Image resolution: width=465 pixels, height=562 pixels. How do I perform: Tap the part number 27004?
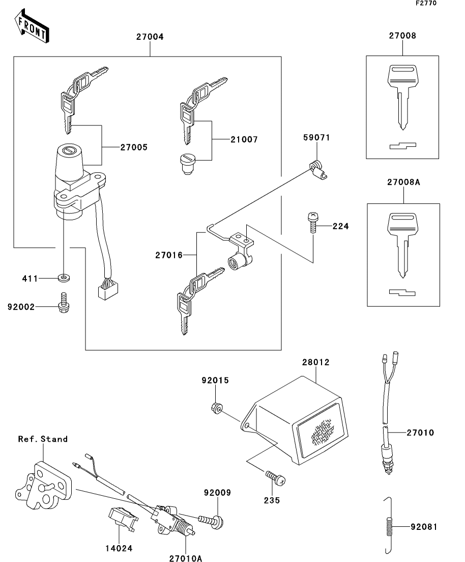pos(150,37)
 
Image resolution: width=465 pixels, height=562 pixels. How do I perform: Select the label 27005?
pos(134,147)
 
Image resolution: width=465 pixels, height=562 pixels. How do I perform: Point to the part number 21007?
pos(244,140)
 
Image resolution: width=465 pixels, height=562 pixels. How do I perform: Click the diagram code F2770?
pos(426,3)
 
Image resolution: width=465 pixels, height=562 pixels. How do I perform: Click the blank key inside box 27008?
pos(403,96)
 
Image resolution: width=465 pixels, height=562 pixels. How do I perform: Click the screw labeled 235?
pos(275,477)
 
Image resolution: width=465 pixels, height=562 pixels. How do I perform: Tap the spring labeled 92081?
pos(389,526)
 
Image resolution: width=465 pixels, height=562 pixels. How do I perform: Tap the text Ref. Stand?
pos(43,439)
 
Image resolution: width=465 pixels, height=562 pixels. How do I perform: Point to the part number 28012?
pos(315,362)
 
